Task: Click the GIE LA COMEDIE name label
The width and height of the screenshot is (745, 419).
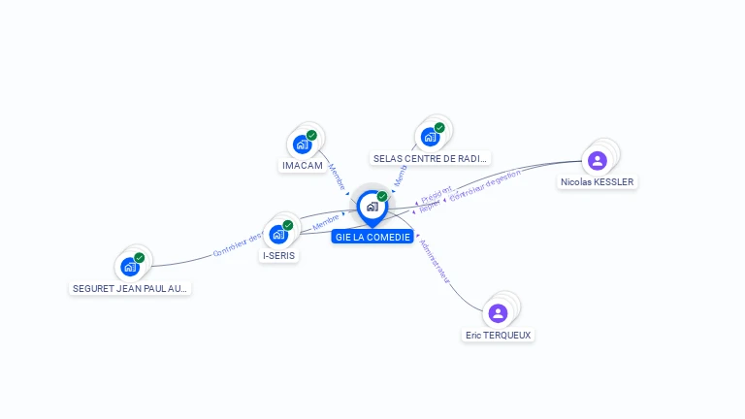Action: tap(372, 237)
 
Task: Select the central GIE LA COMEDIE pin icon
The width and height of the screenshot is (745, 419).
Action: tap(372, 206)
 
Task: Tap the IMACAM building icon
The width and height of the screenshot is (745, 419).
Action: tap(303, 145)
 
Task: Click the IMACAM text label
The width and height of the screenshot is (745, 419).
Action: tap(303, 166)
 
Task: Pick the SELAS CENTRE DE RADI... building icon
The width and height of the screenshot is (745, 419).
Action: tap(430, 137)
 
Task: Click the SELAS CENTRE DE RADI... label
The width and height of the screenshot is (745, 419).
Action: tap(431, 158)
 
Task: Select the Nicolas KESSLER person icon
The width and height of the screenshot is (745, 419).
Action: tap(598, 160)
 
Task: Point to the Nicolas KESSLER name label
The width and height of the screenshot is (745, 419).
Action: tap(598, 181)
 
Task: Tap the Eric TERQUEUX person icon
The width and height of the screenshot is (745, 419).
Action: tap(498, 312)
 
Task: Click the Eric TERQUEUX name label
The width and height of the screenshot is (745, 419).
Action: tap(499, 335)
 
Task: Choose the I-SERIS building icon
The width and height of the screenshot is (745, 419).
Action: tap(279, 234)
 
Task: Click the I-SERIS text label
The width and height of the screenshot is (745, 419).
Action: tap(279, 256)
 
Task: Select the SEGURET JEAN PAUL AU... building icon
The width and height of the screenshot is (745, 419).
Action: tap(130, 267)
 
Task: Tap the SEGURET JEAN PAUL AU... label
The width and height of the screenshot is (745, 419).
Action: tap(131, 288)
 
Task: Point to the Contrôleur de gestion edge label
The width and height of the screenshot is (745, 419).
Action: tap(485, 185)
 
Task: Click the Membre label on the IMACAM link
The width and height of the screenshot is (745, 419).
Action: tap(337, 176)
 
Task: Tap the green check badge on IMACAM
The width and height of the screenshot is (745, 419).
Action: tap(311, 136)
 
